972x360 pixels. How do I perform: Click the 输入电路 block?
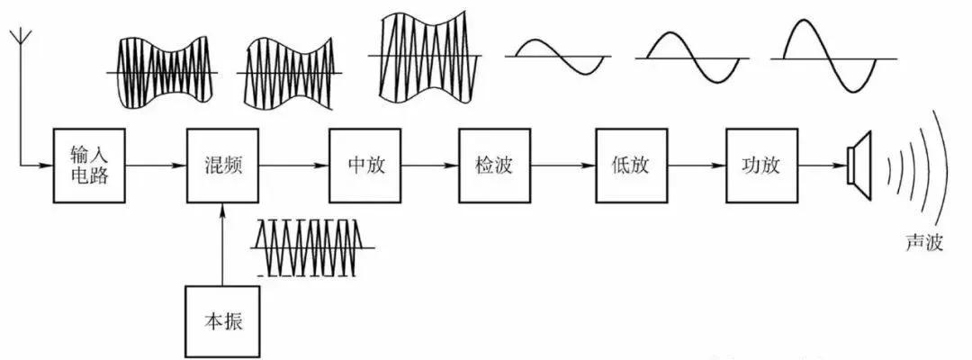click(x=88, y=166)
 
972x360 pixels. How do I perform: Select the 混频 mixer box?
click(x=222, y=166)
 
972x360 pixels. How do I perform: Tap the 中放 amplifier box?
click(x=364, y=166)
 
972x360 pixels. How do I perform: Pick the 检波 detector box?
click(x=493, y=166)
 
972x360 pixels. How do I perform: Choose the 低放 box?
click(x=629, y=166)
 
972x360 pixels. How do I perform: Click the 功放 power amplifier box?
click(x=761, y=166)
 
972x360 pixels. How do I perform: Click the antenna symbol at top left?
click(x=20, y=45)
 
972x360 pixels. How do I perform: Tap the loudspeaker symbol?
click(x=860, y=166)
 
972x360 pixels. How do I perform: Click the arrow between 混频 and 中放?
click(x=293, y=166)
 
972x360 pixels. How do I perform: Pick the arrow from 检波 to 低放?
click(x=562, y=166)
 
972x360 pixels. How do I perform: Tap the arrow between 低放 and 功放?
click(x=694, y=166)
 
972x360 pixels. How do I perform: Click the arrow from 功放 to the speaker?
click(x=822, y=166)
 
